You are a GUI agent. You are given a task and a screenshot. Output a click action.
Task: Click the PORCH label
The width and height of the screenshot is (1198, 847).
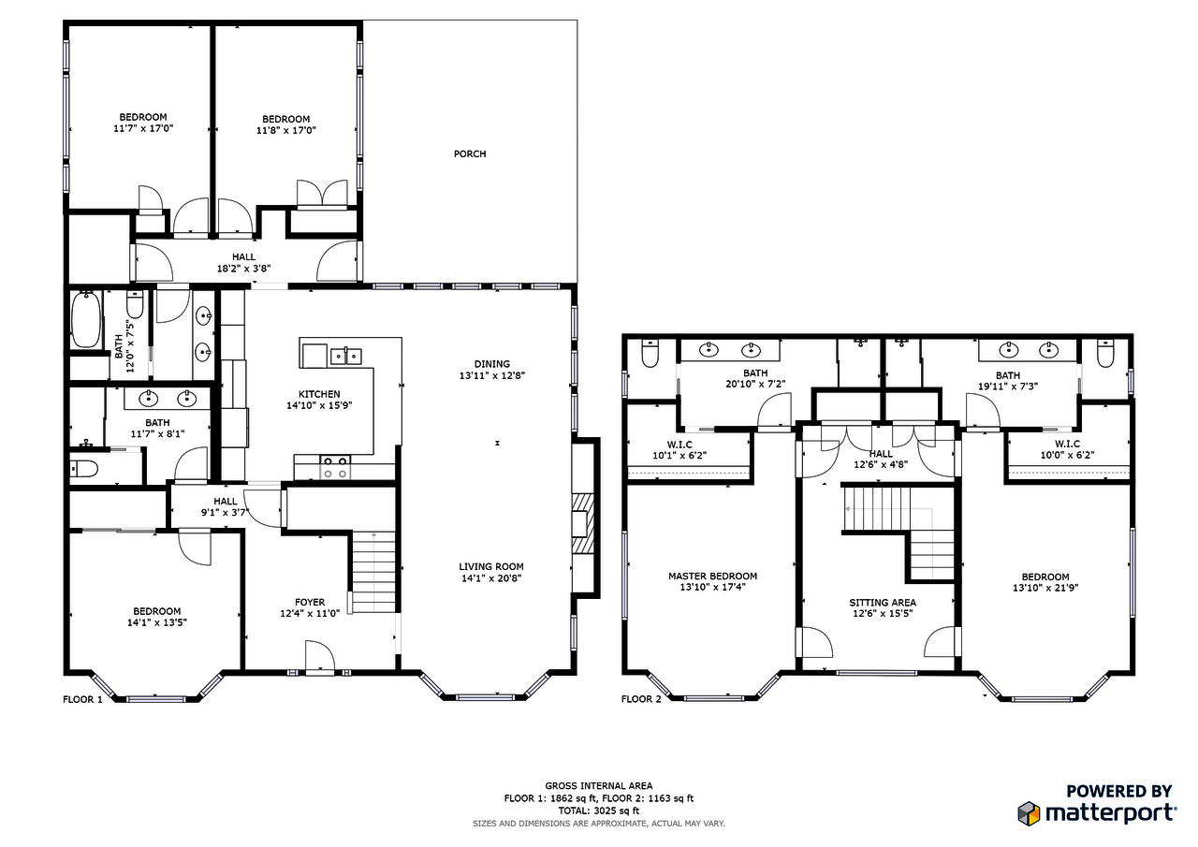click(470, 154)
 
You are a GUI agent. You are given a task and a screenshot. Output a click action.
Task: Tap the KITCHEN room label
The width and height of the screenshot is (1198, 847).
click(319, 394)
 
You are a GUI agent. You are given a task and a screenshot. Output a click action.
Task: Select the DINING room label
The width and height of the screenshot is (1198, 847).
click(491, 364)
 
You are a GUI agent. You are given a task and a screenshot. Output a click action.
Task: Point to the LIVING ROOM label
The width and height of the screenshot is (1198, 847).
click(490, 566)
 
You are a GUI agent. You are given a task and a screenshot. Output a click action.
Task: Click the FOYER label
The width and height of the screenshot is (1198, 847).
click(310, 603)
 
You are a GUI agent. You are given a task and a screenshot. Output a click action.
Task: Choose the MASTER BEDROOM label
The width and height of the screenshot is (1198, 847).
click(712, 577)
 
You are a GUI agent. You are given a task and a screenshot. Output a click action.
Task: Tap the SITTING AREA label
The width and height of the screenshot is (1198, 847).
click(882, 603)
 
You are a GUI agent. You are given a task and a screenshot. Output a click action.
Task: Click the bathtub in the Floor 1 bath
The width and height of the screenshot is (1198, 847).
click(86, 320)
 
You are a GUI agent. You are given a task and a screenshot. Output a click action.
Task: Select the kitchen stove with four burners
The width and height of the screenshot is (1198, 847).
click(336, 465)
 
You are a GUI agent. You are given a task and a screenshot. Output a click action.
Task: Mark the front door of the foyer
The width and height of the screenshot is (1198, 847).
click(319, 658)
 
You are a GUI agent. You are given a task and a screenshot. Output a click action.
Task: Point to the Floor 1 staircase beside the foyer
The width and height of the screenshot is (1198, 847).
click(374, 571)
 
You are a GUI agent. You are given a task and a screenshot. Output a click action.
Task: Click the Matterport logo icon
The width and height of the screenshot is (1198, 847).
click(1029, 812)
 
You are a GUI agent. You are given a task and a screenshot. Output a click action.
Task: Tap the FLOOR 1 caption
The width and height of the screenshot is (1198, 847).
click(82, 699)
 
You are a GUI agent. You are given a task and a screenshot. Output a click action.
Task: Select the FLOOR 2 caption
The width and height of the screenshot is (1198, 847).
click(641, 699)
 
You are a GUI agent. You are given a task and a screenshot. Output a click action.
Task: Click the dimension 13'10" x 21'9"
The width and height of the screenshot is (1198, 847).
click(1045, 589)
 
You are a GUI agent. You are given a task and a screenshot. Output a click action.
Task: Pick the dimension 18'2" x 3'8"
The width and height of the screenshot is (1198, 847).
click(243, 269)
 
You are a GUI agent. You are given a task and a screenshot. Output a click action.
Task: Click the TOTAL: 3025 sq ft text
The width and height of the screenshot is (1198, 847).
click(599, 810)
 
